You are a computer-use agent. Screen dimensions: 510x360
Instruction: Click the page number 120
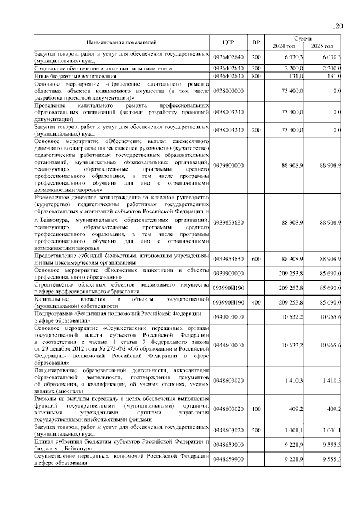coord(337,26)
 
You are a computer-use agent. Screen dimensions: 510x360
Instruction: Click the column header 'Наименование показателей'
coord(121,42)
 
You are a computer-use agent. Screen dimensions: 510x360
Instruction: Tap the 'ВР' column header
coord(256,42)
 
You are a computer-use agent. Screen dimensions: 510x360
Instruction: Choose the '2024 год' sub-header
coord(284,46)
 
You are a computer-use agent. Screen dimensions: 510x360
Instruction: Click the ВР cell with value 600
coord(256,259)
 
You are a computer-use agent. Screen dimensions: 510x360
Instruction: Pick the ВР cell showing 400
coord(256,302)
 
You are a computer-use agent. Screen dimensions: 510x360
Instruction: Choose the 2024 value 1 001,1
coord(293,431)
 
